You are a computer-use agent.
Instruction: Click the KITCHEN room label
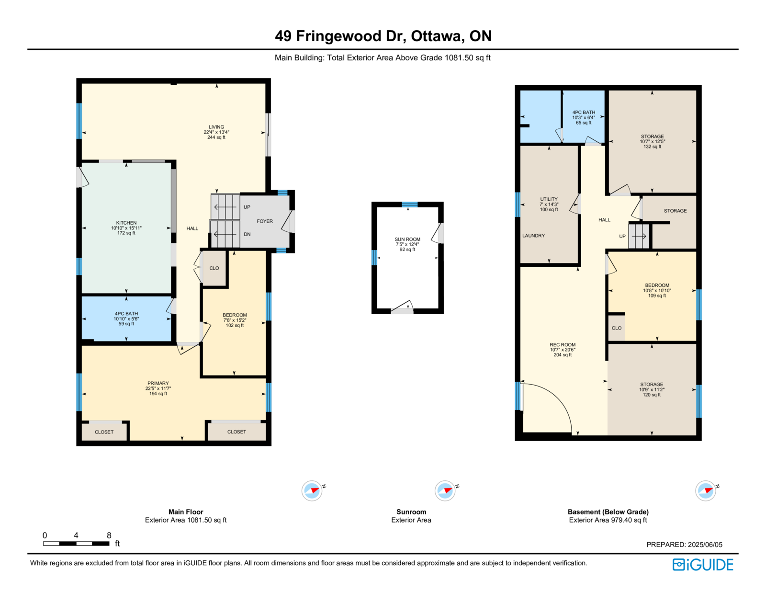pyautogui.click(x=126, y=223)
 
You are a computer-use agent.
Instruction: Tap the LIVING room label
pyautogui.click(x=216, y=127)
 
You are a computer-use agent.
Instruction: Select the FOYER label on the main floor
pyautogui.click(x=265, y=221)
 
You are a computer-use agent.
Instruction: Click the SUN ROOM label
pyautogui.click(x=407, y=239)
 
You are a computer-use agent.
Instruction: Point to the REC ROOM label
pyautogui.click(x=562, y=344)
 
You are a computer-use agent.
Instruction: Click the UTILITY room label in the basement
pyautogui.click(x=549, y=199)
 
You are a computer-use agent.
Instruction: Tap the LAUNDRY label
pyautogui.click(x=533, y=236)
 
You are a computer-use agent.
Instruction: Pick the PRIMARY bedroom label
pyautogui.click(x=158, y=383)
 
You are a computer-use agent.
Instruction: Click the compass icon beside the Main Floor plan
pyautogui.click(x=312, y=490)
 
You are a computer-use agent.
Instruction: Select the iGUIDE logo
pyautogui.click(x=702, y=565)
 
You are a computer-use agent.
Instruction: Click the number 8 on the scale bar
pyautogui.click(x=109, y=535)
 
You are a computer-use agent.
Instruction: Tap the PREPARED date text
pyautogui.click(x=684, y=545)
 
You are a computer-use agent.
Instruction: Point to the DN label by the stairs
pyautogui.click(x=247, y=234)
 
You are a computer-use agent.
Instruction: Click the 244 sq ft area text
pyautogui.click(x=216, y=137)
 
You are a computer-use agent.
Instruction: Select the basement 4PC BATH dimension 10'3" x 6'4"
pyautogui.click(x=584, y=117)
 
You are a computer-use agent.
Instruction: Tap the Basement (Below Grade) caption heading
pyautogui.click(x=608, y=512)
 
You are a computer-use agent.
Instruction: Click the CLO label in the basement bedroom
pyautogui.click(x=616, y=328)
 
